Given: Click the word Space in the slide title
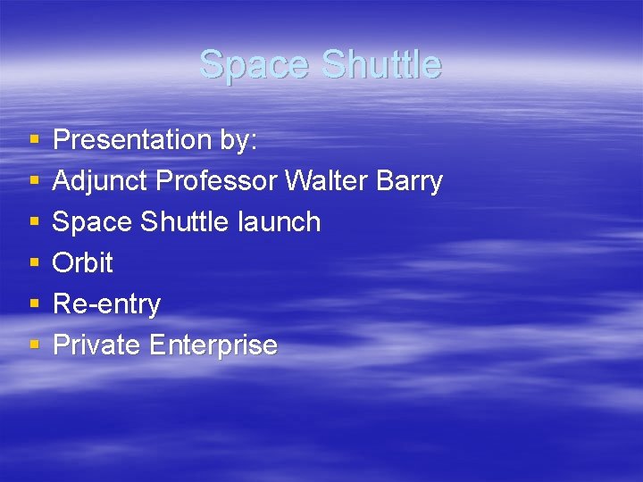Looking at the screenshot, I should [x=255, y=64].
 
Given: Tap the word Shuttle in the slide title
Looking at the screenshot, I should [x=380, y=64].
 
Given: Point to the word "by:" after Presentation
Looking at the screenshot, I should [x=238, y=140].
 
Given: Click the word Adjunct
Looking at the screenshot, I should [x=100, y=181].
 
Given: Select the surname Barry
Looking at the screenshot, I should [x=409, y=181].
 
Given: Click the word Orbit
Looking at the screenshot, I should [x=83, y=262].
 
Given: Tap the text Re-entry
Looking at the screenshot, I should [x=106, y=304].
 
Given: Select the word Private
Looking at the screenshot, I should [x=97, y=345].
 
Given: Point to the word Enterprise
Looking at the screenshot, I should [x=213, y=345].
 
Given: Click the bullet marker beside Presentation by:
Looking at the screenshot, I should [x=34, y=140].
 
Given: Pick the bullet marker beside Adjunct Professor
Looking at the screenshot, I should [x=34, y=181].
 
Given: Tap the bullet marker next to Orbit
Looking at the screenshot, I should [x=34, y=263].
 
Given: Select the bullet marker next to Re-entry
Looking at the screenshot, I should [x=34, y=304].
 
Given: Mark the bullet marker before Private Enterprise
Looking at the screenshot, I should [x=34, y=345].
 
